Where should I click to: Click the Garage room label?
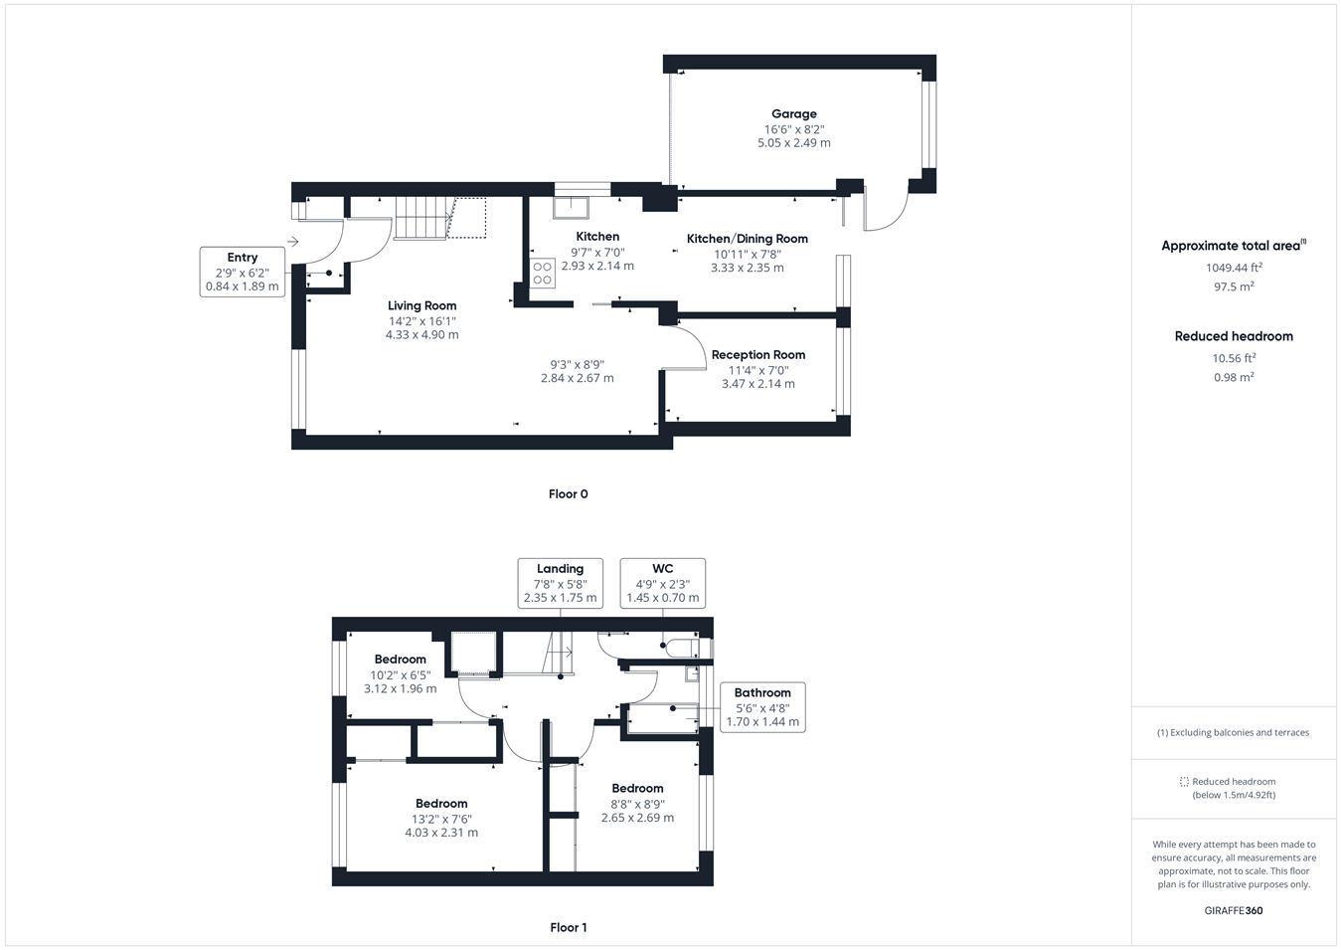click(793, 114)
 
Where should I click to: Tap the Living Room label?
click(421, 306)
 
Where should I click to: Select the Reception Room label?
click(757, 355)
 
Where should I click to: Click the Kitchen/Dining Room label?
click(747, 239)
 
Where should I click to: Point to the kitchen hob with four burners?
click(542, 273)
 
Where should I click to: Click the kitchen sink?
click(571, 207)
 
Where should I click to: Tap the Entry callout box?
click(242, 272)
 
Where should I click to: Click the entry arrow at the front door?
click(293, 242)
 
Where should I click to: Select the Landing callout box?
click(560, 583)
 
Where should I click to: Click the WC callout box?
click(662, 583)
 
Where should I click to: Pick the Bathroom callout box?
click(762, 707)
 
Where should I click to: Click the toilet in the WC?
click(681, 649)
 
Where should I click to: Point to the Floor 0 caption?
click(568, 494)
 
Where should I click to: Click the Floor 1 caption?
click(568, 928)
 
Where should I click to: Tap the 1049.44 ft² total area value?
click(1234, 268)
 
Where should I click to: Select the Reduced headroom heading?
click(1234, 336)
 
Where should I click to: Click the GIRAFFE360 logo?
click(1234, 910)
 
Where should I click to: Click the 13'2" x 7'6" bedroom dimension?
click(441, 820)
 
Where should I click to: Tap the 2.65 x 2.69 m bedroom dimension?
click(637, 818)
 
